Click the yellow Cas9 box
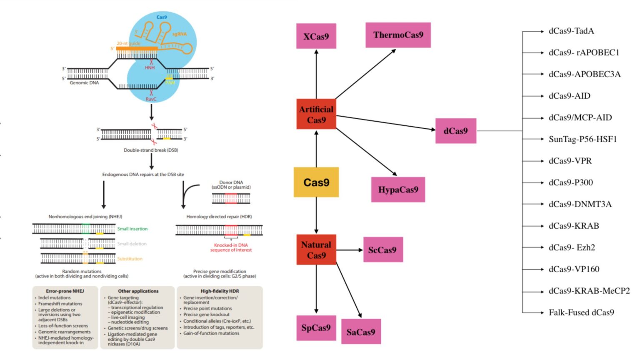click(x=316, y=182)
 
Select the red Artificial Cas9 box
click(x=316, y=114)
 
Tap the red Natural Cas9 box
click(x=316, y=250)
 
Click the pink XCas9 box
click(x=316, y=36)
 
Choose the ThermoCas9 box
click(x=398, y=35)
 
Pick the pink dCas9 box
click(x=455, y=131)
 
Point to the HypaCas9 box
click(x=398, y=190)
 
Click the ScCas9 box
click(x=382, y=250)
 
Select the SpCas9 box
click(x=316, y=328)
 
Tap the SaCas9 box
click(x=361, y=332)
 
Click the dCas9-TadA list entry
click(x=571, y=31)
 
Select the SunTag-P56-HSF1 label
click(x=582, y=139)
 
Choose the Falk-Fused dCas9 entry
click(x=581, y=312)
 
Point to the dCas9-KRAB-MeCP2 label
click(x=589, y=290)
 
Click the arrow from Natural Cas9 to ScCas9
click(x=350, y=250)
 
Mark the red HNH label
click(x=150, y=67)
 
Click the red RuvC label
click(x=151, y=99)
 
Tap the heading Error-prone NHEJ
click(x=65, y=291)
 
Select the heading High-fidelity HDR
click(x=220, y=291)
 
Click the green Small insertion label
click(x=132, y=229)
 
